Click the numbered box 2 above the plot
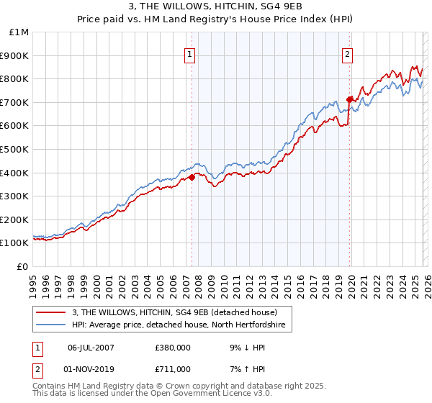347,54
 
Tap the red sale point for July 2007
192,178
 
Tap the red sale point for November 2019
349,99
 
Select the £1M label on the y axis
19,32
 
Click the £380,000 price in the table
173,347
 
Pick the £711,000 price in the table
173,368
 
